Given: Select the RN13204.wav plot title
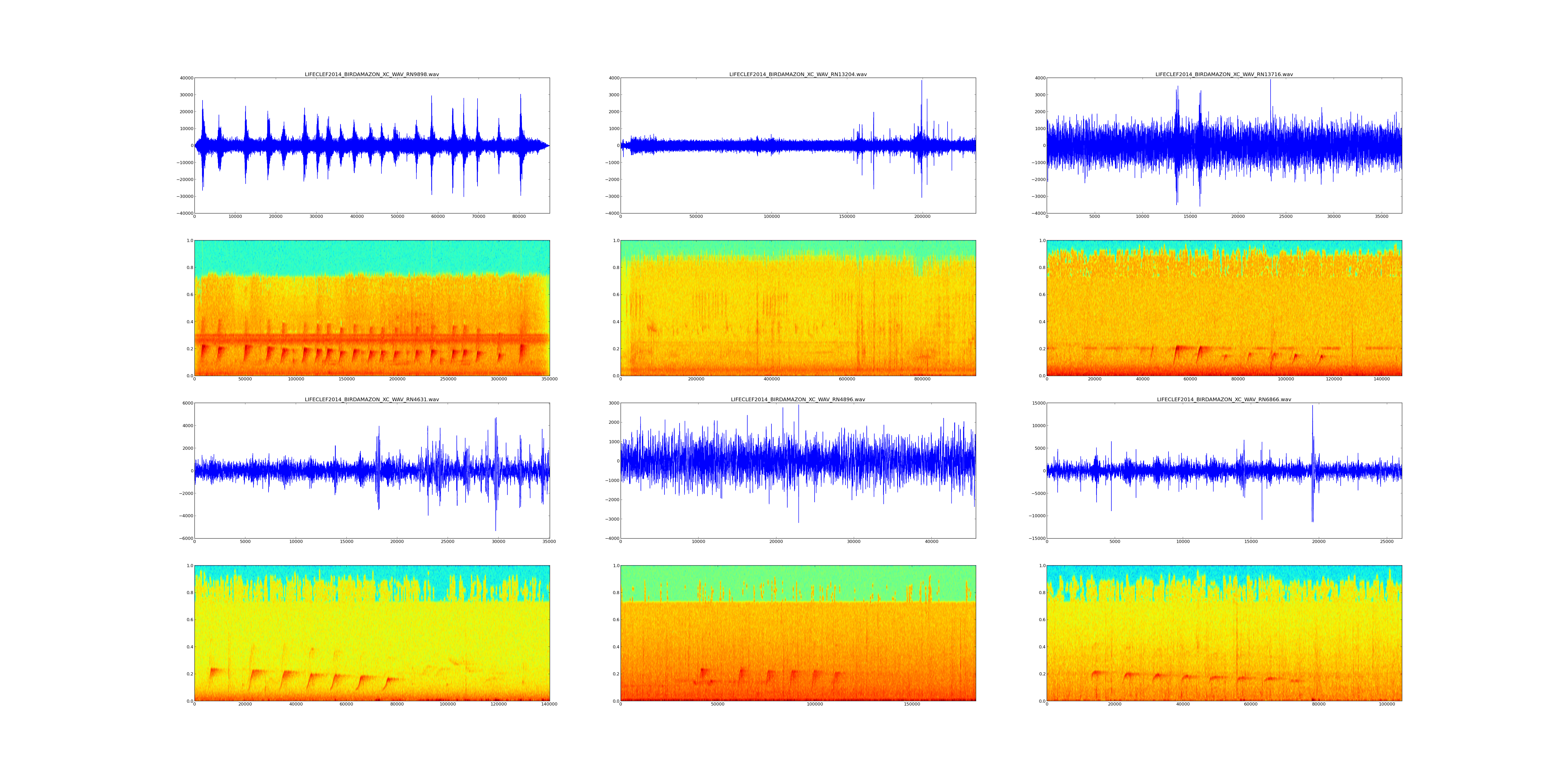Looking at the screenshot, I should pyautogui.click(x=798, y=74).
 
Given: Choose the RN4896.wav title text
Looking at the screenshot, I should pyautogui.click(x=798, y=400).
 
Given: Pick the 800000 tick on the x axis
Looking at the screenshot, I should pyautogui.click(x=922, y=379).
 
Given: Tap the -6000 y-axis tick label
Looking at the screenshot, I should pyautogui.click(x=185, y=538).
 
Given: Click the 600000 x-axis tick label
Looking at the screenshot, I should pyautogui.click(x=847, y=379).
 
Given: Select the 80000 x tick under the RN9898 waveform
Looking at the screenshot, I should pyautogui.click(x=519, y=217).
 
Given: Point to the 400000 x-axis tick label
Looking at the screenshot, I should pyautogui.click(x=772, y=379).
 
